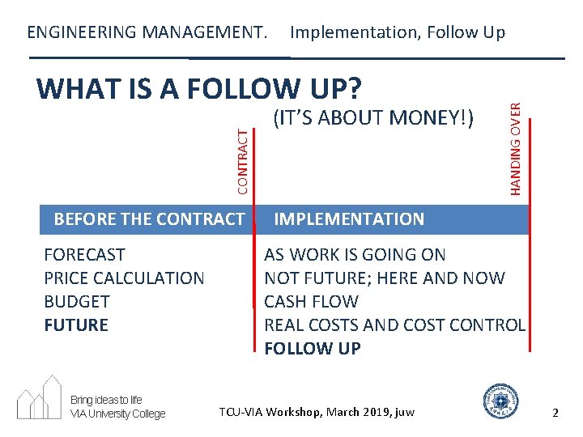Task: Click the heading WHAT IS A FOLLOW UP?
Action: tap(199, 88)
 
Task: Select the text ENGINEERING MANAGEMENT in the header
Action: tap(147, 32)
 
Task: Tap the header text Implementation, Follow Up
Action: tap(398, 32)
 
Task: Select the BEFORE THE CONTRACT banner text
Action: tap(148, 219)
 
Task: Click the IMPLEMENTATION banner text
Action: tap(349, 219)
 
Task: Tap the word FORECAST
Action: tap(84, 255)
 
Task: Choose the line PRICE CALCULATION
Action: tap(124, 278)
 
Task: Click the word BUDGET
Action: tap(76, 302)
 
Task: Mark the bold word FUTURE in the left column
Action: tap(75, 325)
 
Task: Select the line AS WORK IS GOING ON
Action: tap(355, 255)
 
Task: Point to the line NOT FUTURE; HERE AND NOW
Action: tap(385, 278)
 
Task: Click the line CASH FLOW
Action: tap(311, 302)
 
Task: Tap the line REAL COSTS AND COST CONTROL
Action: tap(395, 325)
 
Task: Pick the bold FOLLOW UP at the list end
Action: tap(313, 349)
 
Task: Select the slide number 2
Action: tap(555, 413)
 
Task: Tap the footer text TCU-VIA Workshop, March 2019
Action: tap(317, 413)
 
